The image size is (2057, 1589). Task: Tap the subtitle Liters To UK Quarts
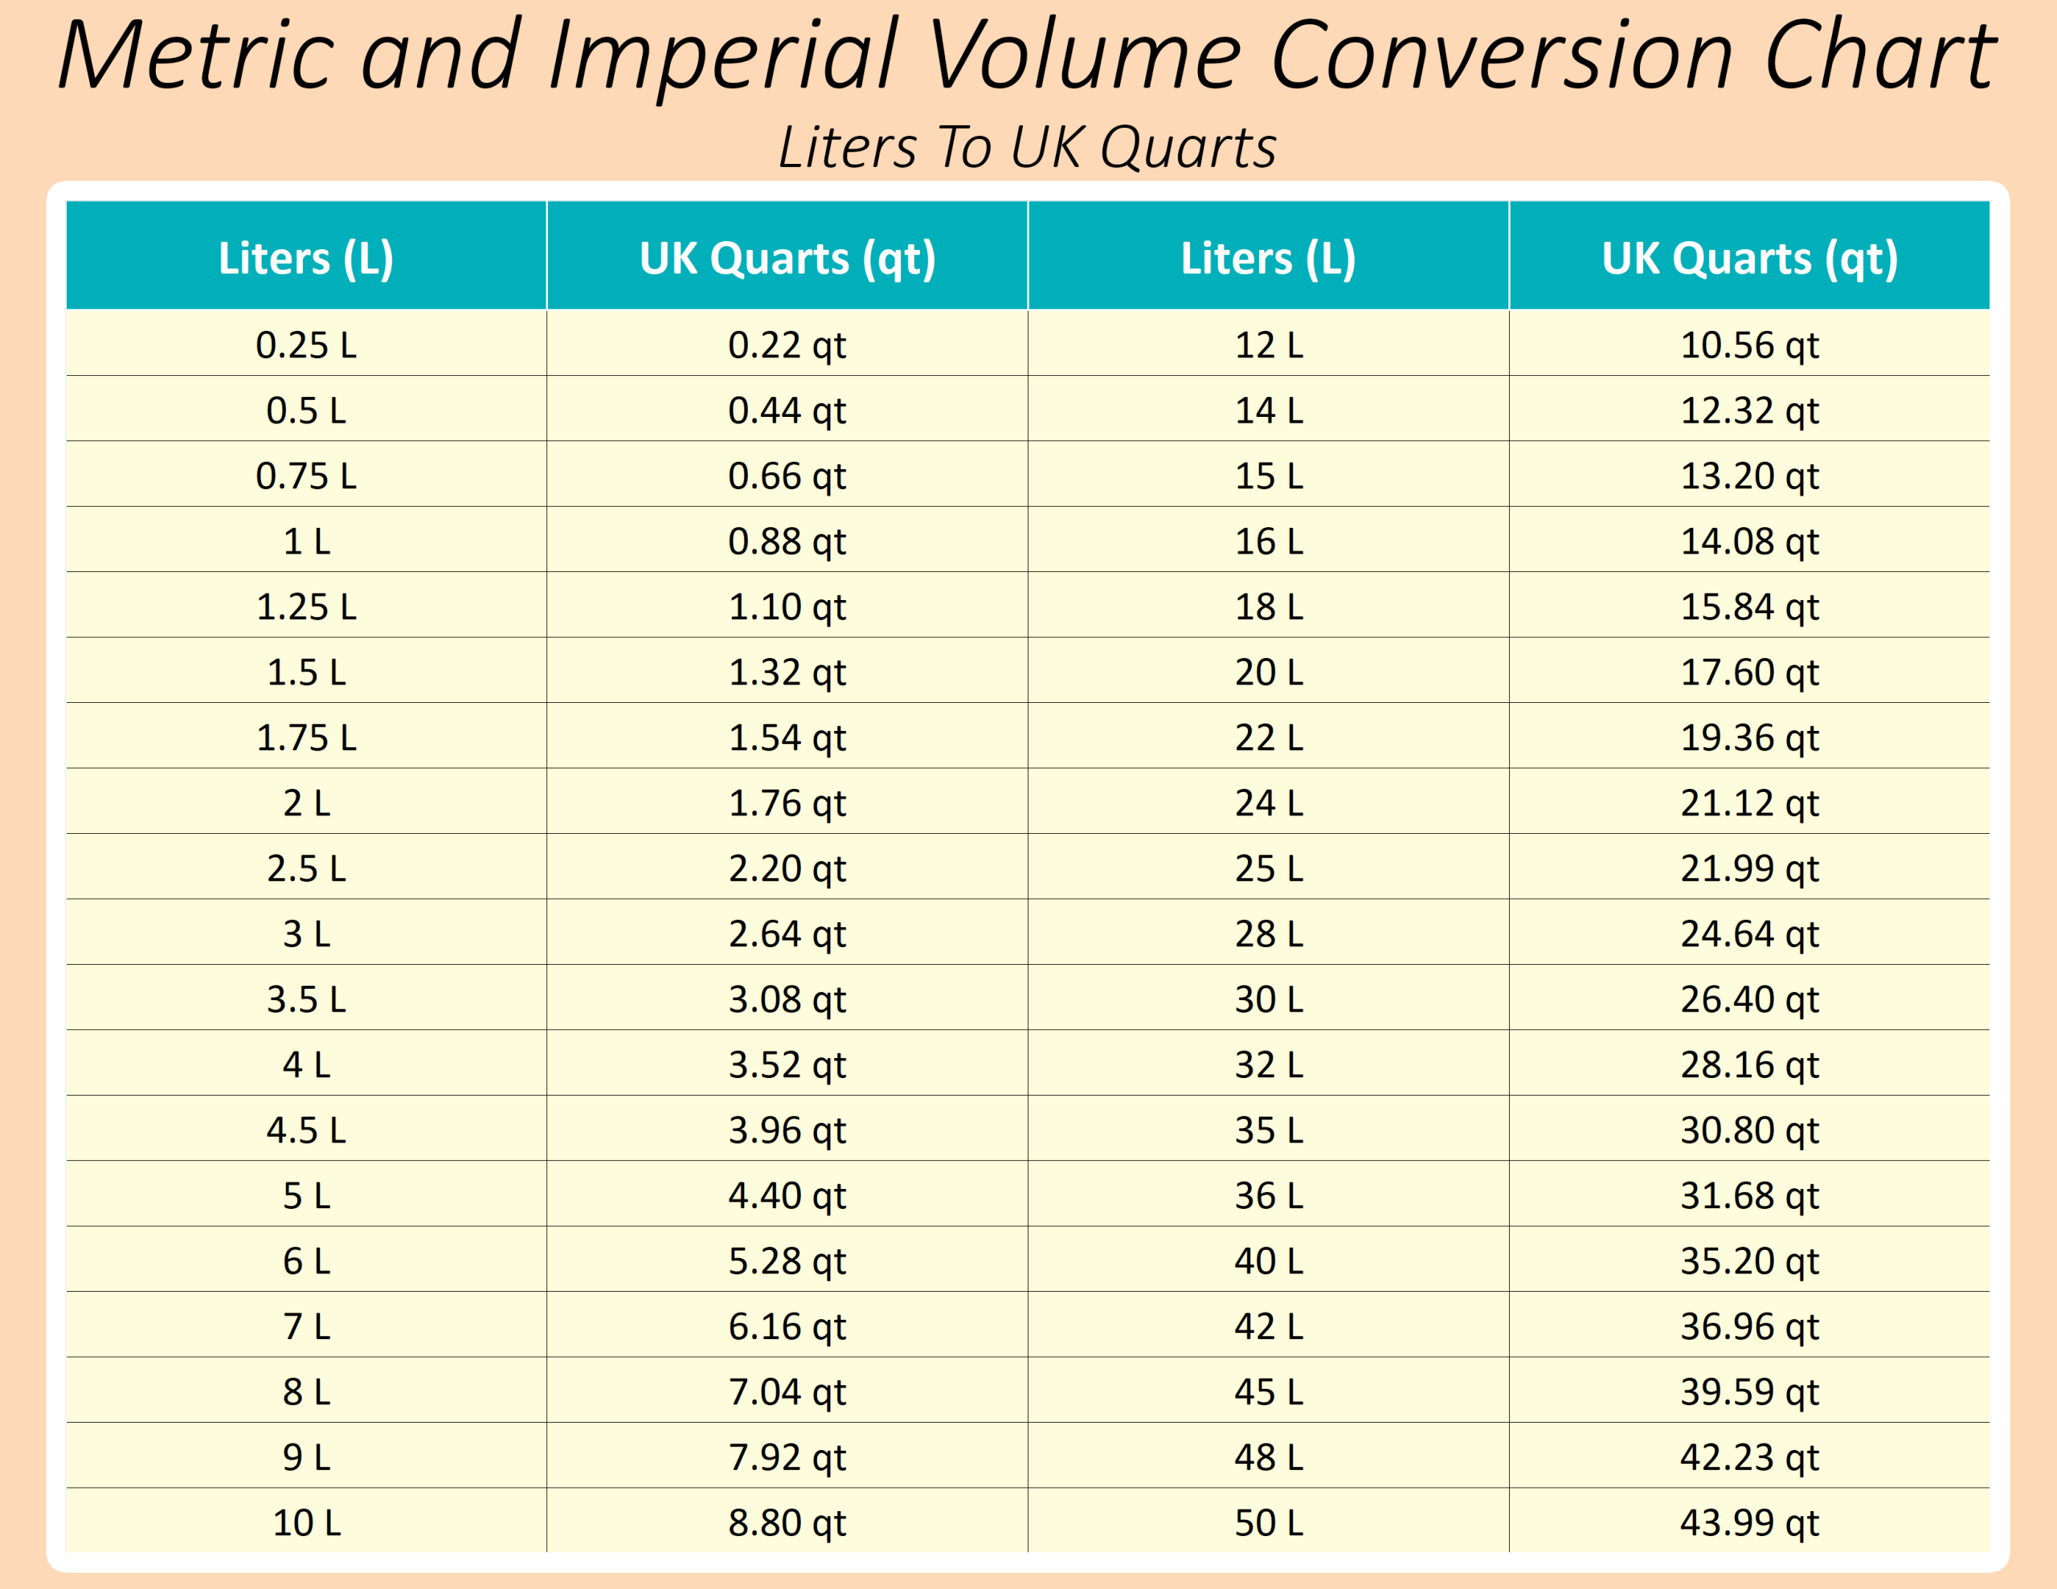[x=1028, y=148]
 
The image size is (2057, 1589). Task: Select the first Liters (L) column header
[x=306, y=258]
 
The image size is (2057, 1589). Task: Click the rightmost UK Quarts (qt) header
[x=1749, y=258]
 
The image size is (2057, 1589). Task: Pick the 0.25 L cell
[x=306, y=345]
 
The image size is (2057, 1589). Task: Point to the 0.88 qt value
[x=787, y=541]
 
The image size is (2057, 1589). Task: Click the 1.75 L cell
[x=306, y=737]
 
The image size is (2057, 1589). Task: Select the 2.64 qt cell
[x=787, y=933]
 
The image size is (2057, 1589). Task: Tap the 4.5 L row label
[x=306, y=1130]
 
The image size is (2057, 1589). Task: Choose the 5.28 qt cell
[x=787, y=1261]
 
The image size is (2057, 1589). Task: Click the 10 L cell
[x=306, y=1522]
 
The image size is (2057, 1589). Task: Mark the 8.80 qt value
[x=787, y=1522]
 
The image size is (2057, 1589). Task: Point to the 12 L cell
[x=1269, y=345]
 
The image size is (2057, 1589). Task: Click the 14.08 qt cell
[x=1749, y=541]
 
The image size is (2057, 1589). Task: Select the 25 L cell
[x=1269, y=868]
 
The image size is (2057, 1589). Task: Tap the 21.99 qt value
[x=1749, y=868]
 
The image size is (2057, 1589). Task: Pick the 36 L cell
[x=1269, y=1195]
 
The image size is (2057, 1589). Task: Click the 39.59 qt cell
[x=1749, y=1391]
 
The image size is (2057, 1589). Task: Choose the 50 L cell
[x=1269, y=1522]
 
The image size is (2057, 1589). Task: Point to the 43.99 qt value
[x=1749, y=1522]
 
